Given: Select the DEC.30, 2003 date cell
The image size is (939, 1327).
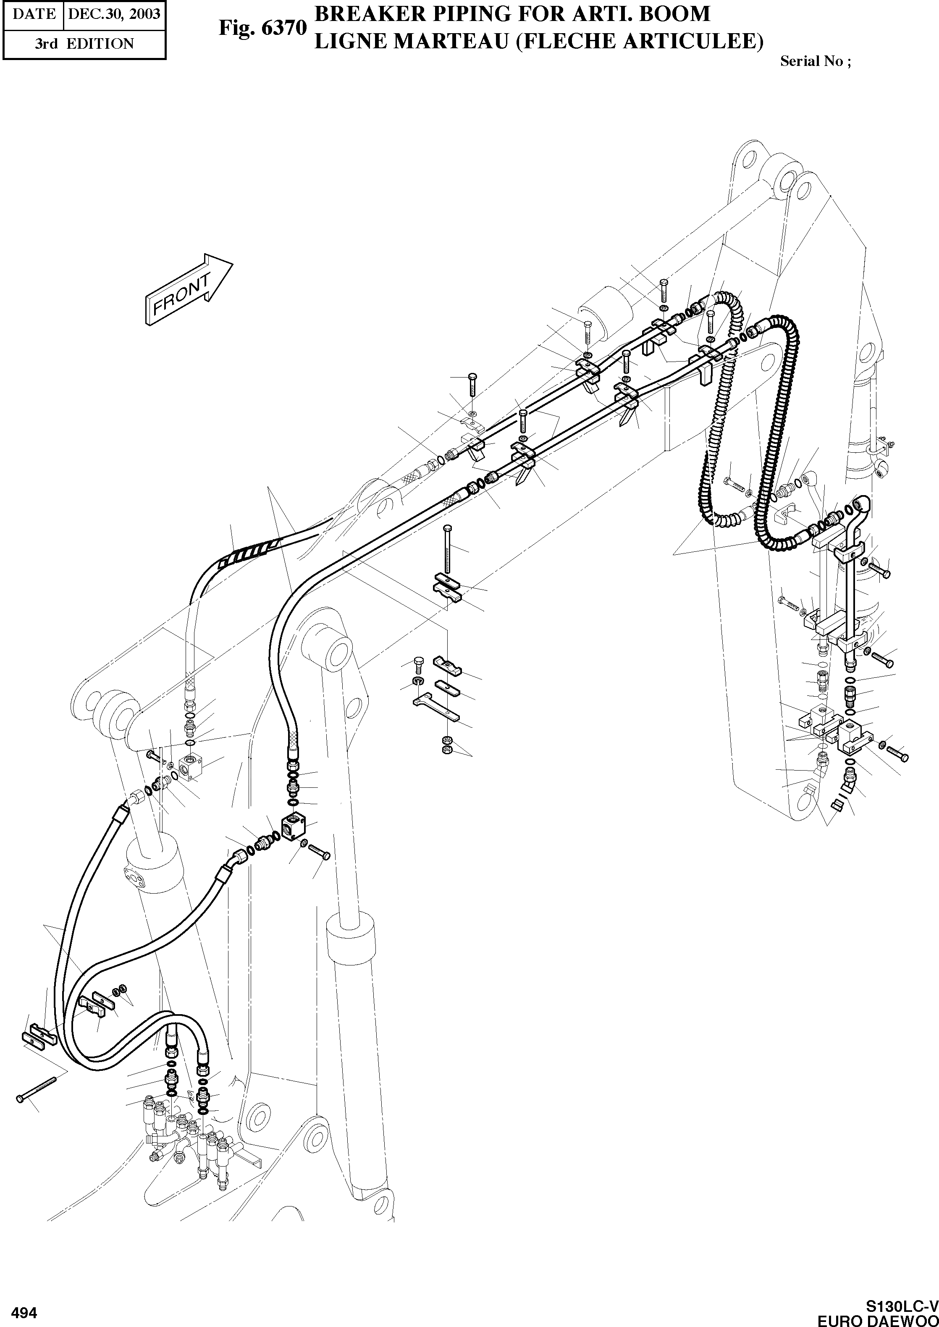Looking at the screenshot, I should click(113, 14).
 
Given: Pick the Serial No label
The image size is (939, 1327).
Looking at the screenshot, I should click(815, 61).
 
